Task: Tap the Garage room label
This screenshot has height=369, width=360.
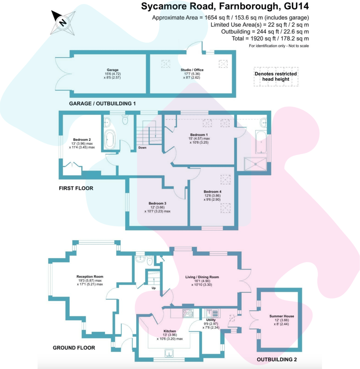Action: coord(110,70)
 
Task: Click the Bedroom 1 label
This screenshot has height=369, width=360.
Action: coord(199,135)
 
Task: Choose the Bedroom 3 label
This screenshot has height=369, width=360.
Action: coord(157,203)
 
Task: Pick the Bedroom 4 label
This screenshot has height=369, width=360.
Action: coord(212,192)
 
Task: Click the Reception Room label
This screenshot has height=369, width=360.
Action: coord(90,276)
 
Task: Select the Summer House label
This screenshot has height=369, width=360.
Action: coord(282,316)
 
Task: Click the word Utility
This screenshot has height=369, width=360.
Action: coord(211,320)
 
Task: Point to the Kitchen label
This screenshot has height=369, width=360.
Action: coord(170,331)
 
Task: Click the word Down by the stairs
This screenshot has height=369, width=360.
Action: coord(142,148)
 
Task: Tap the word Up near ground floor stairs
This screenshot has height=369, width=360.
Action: coord(153,288)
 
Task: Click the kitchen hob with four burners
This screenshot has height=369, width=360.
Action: coord(188,313)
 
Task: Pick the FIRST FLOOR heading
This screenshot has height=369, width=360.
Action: coord(76,188)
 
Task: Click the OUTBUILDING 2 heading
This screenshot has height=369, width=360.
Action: coord(276,360)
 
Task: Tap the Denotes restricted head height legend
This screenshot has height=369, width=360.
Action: coord(276,76)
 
